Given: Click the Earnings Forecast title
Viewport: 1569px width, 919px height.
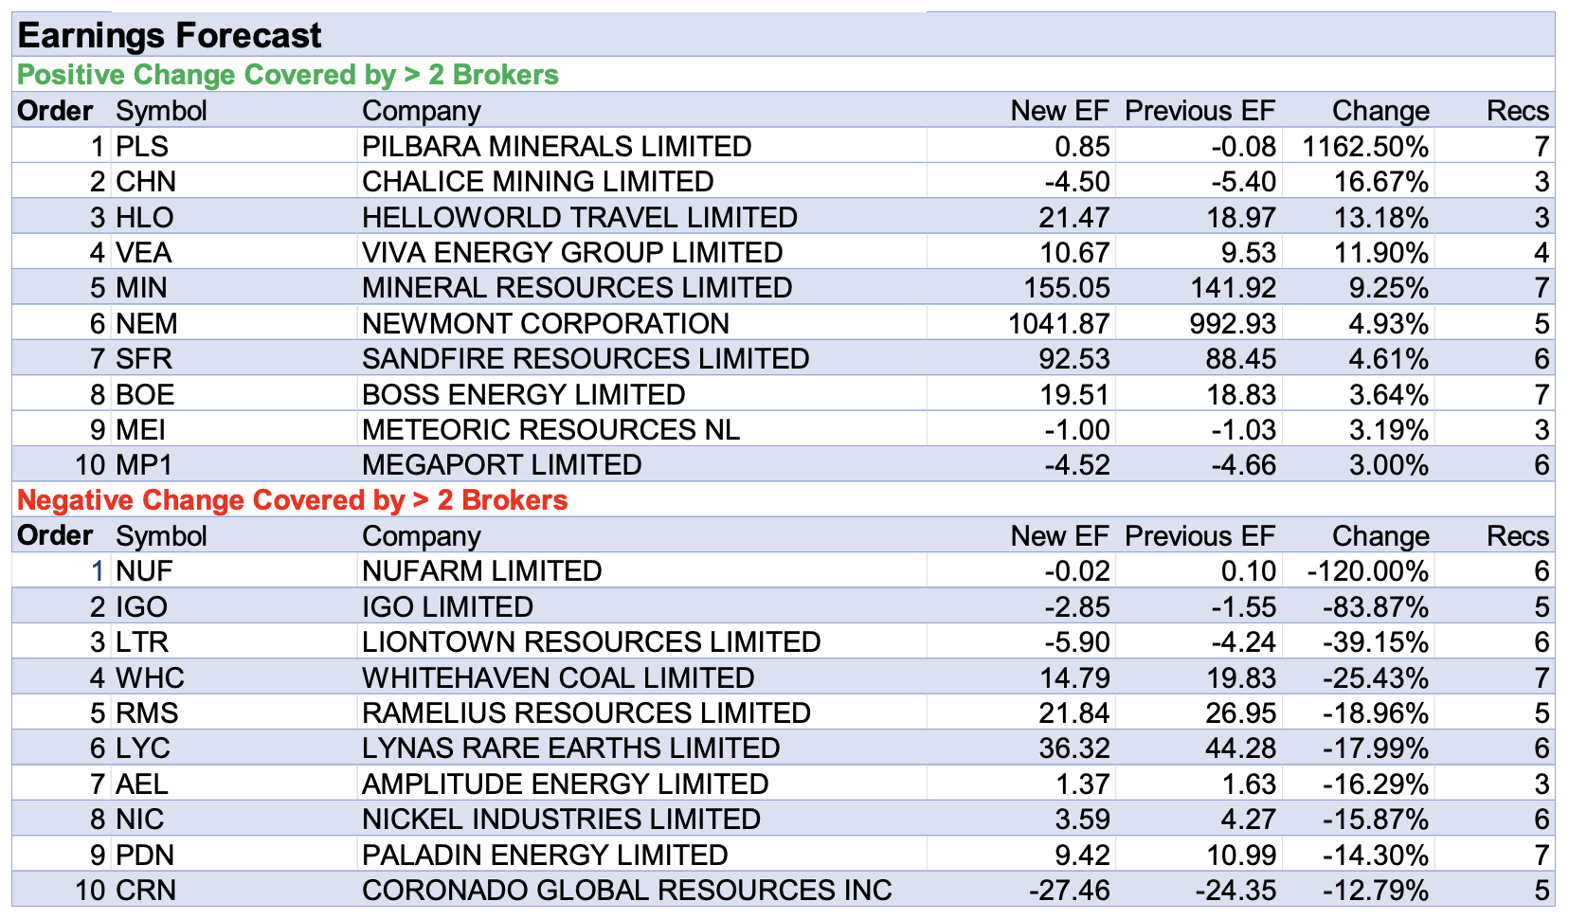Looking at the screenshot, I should click(170, 36).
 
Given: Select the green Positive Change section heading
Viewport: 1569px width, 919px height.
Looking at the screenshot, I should click(288, 75).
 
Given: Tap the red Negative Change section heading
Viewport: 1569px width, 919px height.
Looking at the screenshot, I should click(293, 500).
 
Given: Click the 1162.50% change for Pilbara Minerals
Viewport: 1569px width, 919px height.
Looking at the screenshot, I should click(1365, 147).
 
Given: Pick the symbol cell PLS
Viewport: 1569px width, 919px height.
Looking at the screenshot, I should click(142, 147).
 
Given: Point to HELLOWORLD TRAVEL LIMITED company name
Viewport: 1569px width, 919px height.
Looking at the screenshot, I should click(580, 218).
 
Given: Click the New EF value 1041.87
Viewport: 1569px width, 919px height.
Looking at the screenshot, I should click(1058, 324).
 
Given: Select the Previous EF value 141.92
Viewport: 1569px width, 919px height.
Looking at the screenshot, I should click(1233, 288).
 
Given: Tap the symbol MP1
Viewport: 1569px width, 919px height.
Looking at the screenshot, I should click(144, 465).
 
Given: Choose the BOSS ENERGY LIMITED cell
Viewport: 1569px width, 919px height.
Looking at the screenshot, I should click(523, 395).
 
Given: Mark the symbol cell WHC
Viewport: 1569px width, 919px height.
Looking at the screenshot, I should click(150, 678).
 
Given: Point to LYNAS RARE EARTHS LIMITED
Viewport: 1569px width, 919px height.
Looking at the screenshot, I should click(570, 748).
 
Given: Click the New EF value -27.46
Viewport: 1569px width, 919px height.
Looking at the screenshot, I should click(1069, 891).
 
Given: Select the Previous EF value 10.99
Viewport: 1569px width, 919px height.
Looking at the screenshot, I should click(1241, 856).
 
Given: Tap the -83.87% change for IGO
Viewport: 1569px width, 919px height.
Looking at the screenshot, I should click(1375, 607).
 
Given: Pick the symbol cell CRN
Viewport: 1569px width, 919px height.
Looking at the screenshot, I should click(146, 891).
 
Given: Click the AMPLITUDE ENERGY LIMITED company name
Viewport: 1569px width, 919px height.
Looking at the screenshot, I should click(565, 784).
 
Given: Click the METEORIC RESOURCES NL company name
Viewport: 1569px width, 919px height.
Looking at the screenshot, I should click(550, 430).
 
